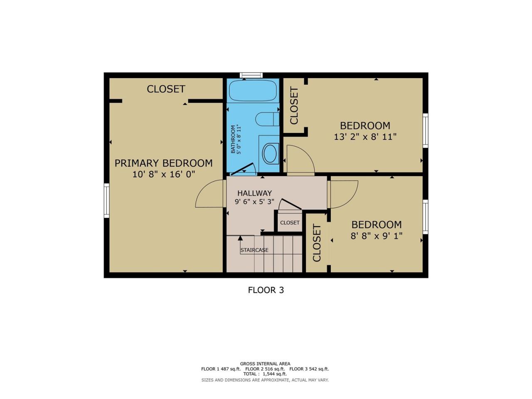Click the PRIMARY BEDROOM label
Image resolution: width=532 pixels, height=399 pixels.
[x=163, y=163]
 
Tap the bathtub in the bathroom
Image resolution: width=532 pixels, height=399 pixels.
[x=253, y=91]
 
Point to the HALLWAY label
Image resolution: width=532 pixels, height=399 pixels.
[x=254, y=193]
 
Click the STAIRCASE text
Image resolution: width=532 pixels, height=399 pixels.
[x=254, y=250]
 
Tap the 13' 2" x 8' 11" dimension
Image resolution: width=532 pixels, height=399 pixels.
[x=365, y=137]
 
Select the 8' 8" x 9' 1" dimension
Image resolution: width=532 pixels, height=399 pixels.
[x=377, y=236]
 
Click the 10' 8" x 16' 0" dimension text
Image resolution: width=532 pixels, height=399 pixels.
[x=164, y=174]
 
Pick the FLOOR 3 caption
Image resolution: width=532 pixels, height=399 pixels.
[x=266, y=290]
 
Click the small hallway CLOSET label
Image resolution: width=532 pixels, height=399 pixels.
[x=290, y=222]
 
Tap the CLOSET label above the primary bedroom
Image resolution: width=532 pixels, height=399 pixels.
[x=166, y=89]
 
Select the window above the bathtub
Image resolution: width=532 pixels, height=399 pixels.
[x=251, y=75]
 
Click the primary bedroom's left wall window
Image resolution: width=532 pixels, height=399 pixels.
[x=107, y=201]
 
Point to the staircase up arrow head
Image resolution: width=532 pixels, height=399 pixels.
[x=240, y=238]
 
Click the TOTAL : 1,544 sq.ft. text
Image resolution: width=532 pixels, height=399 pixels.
[x=265, y=374]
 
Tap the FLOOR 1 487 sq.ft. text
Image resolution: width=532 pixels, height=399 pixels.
[x=221, y=369]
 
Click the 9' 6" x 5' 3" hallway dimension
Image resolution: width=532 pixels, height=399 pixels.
[x=254, y=201]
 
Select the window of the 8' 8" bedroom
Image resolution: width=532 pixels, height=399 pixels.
[x=425, y=217]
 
